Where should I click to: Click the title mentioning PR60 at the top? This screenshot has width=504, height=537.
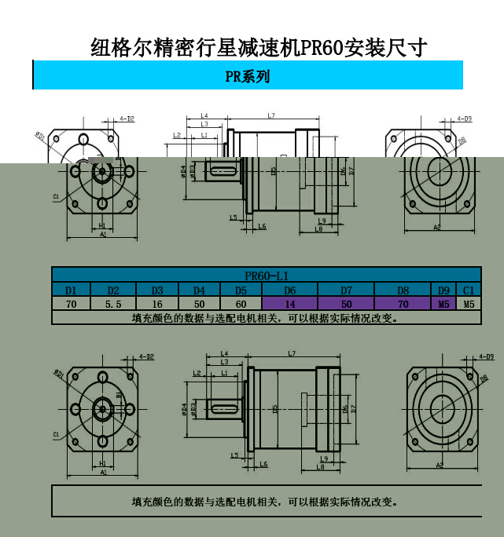[x=259, y=48]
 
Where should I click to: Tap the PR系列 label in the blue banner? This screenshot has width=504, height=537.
[x=248, y=76]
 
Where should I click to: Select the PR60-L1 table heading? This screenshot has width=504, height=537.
[x=267, y=276]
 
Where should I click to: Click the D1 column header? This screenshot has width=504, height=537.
[x=72, y=290]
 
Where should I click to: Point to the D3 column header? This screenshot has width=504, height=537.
[x=157, y=290]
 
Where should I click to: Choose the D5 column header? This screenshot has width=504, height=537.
[x=241, y=290]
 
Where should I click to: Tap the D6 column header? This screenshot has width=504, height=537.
[x=289, y=290]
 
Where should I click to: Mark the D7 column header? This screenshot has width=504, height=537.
[x=346, y=290]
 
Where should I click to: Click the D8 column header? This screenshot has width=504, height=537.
[x=403, y=290]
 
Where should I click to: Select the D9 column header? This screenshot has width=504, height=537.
[x=444, y=290]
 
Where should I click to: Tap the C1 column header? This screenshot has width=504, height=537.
[x=469, y=290]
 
